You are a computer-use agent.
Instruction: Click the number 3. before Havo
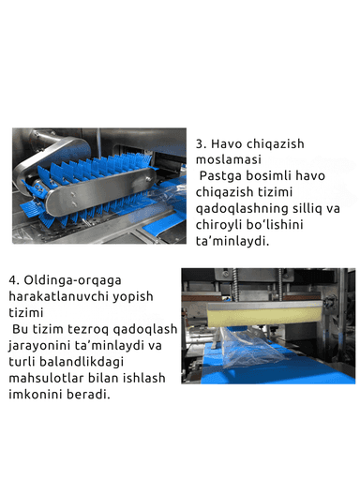point(201,146)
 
